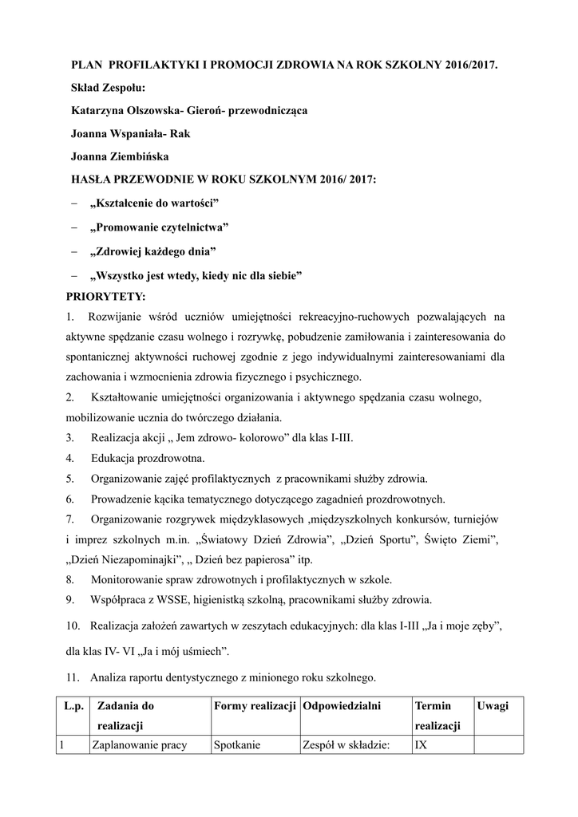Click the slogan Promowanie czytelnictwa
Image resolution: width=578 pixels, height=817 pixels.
coord(160,228)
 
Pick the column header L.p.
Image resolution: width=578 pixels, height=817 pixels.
coord(73,706)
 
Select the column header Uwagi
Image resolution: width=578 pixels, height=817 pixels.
coord(493,706)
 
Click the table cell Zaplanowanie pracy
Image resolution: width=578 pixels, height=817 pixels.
coord(140,745)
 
